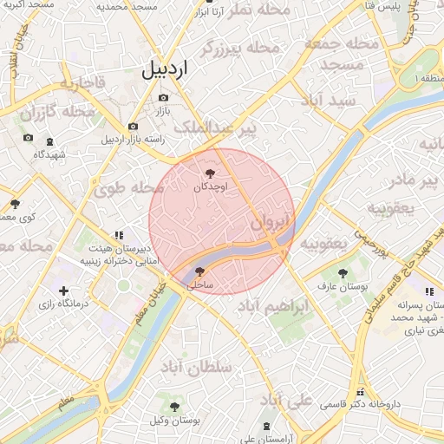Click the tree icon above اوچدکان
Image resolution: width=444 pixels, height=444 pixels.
(x=210, y=173)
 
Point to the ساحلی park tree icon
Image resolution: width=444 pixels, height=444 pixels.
(x=200, y=271)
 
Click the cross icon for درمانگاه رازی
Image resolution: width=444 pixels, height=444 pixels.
(x=62, y=291)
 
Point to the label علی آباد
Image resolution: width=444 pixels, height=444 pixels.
(x=287, y=400)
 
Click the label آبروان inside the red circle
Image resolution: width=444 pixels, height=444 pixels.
(x=270, y=223)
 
